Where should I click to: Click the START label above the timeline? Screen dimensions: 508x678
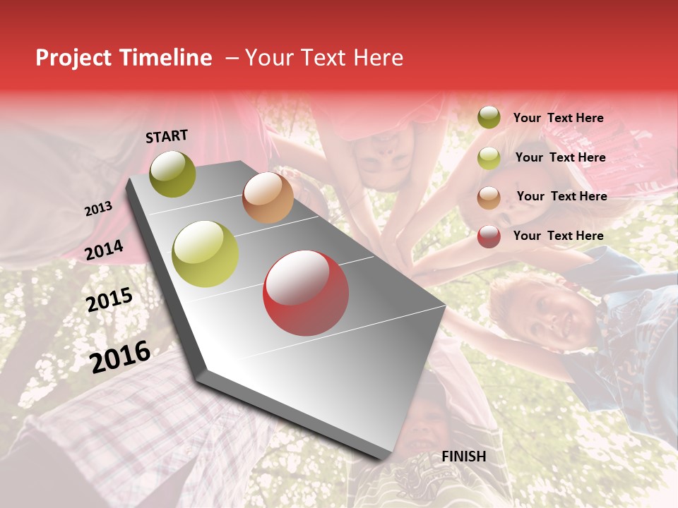[x=167, y=136]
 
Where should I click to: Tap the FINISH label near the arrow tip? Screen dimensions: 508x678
[x=463, y=456]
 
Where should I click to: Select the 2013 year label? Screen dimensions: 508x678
[x=99, y=209]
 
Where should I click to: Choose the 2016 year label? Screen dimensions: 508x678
[x=121, y=357]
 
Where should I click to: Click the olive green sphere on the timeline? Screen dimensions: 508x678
[x=173, y=174]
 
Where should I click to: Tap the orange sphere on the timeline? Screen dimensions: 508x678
[x=268, y=198]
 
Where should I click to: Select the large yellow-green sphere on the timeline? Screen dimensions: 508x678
[x=206, y=253]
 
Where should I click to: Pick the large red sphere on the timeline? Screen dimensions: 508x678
[x=306, y=294]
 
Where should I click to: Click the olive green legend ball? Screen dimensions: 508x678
[x=489, y=117]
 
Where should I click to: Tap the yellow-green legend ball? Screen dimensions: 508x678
[x=489, y=158]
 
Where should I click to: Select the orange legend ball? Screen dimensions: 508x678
[x=489, y=198]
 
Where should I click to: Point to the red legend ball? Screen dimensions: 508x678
[x=489, y=236]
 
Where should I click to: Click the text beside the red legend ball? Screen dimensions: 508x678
[x=558, y=236]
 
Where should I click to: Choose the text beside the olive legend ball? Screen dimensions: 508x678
[x=558, y=118]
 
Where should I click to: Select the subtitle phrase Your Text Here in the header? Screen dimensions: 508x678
[x=324, y=58]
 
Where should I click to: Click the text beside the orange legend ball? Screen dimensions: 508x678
[x=561, y=196]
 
